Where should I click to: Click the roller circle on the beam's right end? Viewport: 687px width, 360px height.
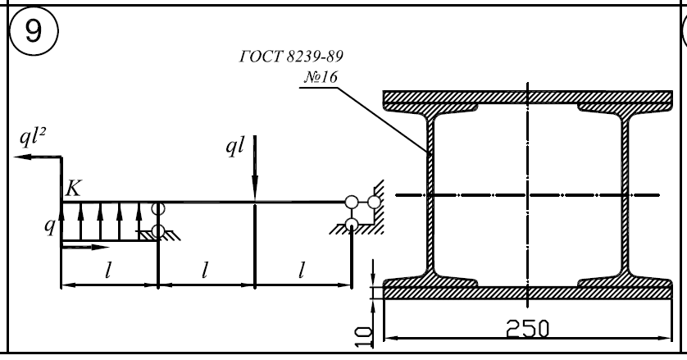point(353,202)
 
